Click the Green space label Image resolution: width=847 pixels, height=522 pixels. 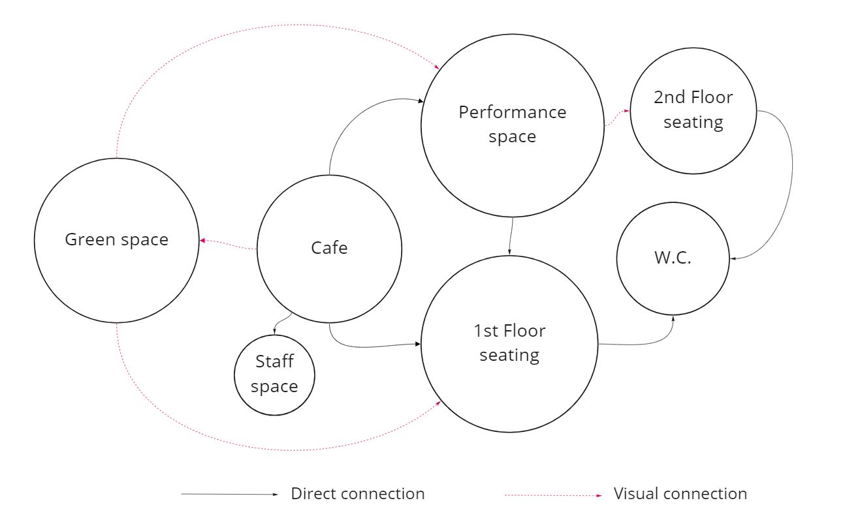tap(116, 240)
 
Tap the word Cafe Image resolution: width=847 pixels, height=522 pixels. tap(329, 248)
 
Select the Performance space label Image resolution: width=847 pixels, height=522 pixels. tap(512, 124)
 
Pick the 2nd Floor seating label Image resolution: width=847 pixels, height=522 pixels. tap(693, 110)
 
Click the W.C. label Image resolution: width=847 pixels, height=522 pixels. tap(673, 257)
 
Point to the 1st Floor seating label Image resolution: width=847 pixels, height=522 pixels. tap(509, 343)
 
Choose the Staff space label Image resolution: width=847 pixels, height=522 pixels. tap(274, 374)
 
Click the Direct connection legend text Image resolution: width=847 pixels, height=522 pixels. tap(358, 494)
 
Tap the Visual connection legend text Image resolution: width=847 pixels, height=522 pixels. tap(680, 494)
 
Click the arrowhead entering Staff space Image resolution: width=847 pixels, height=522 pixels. tap(274, 331)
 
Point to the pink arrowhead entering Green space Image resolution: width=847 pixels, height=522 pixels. tap(202, 241)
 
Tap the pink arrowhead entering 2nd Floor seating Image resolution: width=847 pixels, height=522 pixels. tap(626, 111)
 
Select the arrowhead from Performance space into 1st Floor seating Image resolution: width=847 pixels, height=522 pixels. tap(509, 252)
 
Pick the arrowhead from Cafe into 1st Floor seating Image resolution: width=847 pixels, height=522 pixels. tap(417, 343)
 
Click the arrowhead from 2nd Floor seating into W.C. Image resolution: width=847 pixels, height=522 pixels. tap(733, 259)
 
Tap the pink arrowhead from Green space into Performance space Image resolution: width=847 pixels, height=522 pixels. tap(437, 67)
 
